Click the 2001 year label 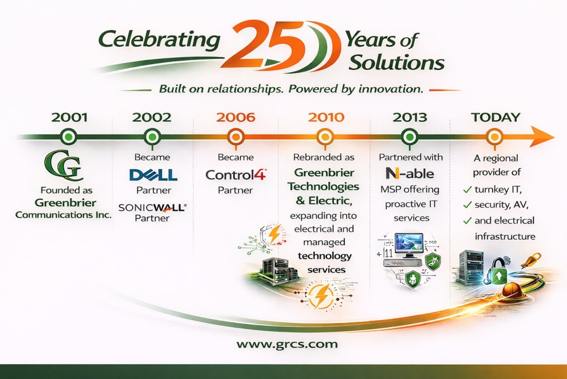coord(69,118)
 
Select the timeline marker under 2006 coord(236,137)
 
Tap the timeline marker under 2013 coord(410,137)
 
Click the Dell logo coord(153,175)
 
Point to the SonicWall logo coord(153,207)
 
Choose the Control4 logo coord(236,175)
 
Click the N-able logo coord(410,174)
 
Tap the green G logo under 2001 coord(63,165)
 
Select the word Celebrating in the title coord(159,39)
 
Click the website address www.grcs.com coord(287,344)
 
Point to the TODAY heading coord(496,118)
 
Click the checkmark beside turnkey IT coord(467,189)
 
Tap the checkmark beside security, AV coord(467,205)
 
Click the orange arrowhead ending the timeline coord(542,137)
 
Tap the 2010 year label coord(326,118)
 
